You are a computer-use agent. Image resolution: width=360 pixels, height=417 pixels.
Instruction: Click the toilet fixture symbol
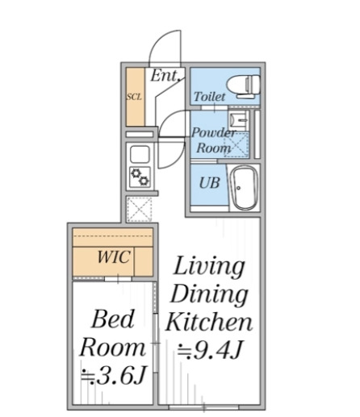(x=244, y=85)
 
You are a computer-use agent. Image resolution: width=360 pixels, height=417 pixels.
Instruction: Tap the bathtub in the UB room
(x=245, y=188)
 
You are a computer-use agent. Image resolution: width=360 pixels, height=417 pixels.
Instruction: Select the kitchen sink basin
(x=140, y=154)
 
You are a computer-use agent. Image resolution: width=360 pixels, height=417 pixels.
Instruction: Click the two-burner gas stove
(x=140, y=177)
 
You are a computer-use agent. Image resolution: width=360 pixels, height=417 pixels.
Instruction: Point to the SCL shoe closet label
(x=134, y=97)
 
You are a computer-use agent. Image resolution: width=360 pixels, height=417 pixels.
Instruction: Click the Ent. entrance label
(x=165, y=76)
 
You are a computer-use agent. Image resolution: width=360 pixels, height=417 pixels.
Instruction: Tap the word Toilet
(x=209, y=97)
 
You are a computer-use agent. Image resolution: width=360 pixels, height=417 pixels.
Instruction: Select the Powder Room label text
(x=214, y=140)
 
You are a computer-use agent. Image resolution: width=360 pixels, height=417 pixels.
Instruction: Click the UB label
(x=209, y=183)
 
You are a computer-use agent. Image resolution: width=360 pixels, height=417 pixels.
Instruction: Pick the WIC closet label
(x=114, y=256)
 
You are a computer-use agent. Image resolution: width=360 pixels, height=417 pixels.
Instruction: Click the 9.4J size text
(x=211, y=350)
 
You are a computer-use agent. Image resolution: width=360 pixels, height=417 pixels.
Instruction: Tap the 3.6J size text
(x=114, y=376)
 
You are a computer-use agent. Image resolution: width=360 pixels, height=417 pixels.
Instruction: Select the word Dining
(x=209, y=295)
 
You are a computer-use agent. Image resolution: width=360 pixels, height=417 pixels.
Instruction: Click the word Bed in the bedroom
(x=113, y=319)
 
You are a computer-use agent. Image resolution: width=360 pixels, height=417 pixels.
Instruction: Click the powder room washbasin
(x=238, y=120)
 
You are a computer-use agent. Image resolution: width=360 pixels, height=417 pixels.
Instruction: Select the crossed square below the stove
(x=139, y=210)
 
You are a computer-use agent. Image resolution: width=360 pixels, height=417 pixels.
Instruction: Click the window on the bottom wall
(x=203, y=407)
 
